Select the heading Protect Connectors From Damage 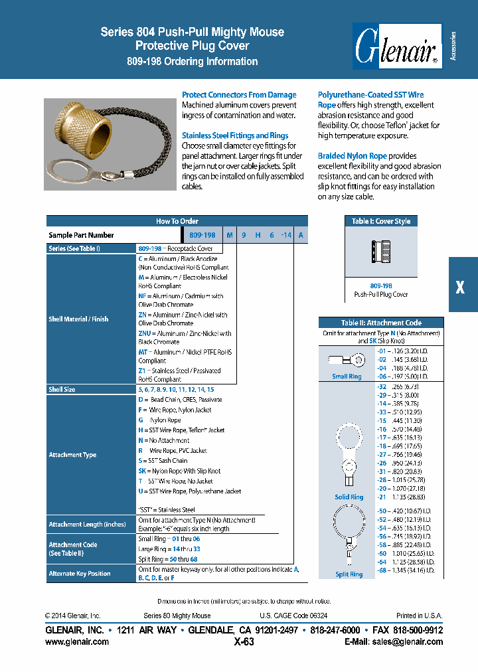239,95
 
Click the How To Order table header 177,221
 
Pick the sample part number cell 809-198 202,235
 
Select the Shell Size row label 62,389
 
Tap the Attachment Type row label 72,455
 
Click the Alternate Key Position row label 80,573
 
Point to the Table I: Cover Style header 380,221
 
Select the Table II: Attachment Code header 380,323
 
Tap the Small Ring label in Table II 347,377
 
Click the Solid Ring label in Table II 348,497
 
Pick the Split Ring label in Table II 349,574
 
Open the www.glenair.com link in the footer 77,641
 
